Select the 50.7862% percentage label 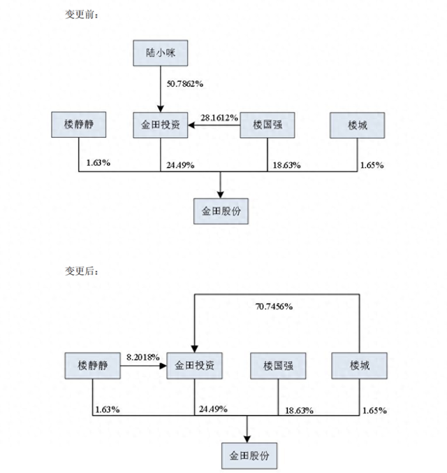(184, 84)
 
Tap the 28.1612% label (220, 118)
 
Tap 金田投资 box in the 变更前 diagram (160, 126)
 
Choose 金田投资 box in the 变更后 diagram (194, 366)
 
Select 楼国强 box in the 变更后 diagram (278, 366)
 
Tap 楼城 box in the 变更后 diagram (358, 366)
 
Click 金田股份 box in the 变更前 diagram (221, 210)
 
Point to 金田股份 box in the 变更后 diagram (249, 456)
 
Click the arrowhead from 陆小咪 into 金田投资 (160, 109)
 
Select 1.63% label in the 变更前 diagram (98, 164)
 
